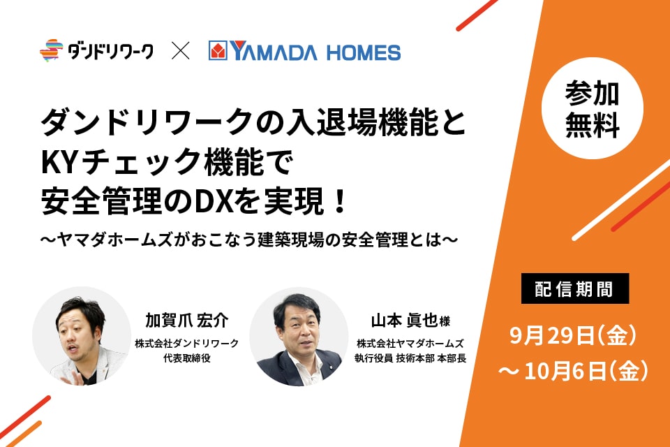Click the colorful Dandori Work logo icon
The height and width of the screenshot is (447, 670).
(51, 50)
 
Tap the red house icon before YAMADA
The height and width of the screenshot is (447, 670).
(218, 50)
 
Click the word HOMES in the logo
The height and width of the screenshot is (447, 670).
(364, 52)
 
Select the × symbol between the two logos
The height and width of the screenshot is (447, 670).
(180, 50)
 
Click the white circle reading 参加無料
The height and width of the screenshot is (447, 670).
(593, 108)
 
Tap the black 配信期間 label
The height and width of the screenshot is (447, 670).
(574, 288)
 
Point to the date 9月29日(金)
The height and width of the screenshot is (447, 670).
(574, 335)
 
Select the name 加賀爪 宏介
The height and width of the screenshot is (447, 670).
(187, 320)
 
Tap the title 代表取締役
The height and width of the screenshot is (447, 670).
(187, 358)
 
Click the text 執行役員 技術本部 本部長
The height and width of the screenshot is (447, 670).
(410, 358)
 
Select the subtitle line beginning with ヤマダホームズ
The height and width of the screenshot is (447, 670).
(248, 240)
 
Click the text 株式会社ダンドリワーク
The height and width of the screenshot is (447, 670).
(187, 344)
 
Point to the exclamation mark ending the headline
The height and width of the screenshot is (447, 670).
(341, 201)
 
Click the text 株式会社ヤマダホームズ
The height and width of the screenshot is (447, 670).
(410, 344)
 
